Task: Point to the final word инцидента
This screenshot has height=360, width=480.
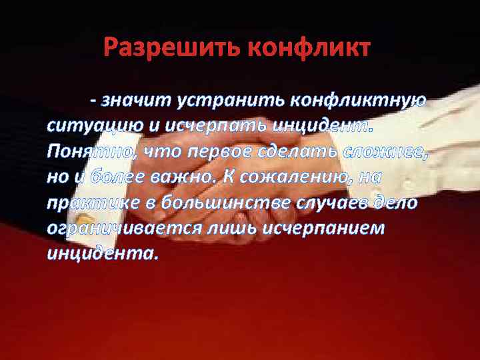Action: click(x=103, y=254)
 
